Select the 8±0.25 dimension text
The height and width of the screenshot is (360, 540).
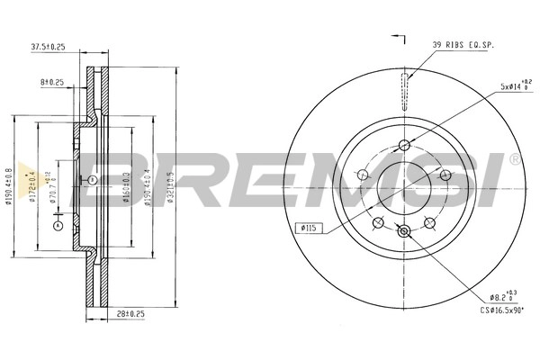click(x=52, y=81)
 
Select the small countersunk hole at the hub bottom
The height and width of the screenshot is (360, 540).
click(x=404, y=231)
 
